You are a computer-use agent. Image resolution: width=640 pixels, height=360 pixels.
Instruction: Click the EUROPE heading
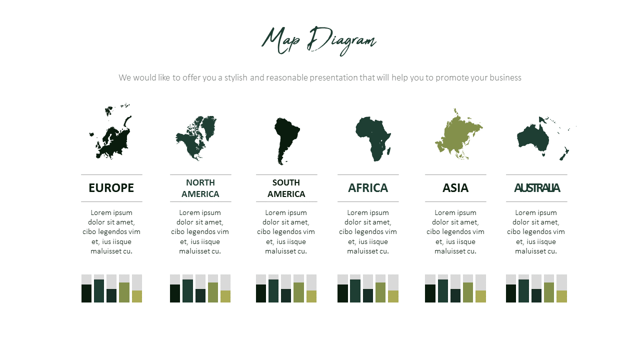tap(111, 188)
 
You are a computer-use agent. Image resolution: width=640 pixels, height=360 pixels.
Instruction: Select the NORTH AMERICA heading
tap(200, 188)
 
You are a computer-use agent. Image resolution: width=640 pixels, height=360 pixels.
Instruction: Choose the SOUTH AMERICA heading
tap(286, 188)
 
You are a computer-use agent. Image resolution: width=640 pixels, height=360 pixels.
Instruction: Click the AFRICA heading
tap(368, 188)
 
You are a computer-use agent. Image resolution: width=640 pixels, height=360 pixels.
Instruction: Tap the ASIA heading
tap(455, 188)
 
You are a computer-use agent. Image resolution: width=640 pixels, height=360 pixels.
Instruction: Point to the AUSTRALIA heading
tap(537, 188)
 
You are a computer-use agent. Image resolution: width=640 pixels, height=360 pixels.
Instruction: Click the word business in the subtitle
tap(505, 77)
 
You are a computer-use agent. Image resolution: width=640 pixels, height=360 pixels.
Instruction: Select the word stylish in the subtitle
tap(235, 77)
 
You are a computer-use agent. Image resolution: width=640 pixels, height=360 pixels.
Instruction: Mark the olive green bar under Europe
tap(124, 292)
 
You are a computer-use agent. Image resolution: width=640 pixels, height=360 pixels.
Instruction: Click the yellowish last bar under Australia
tap(561, 296)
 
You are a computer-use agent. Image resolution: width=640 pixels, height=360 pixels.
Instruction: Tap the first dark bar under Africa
tap(342, 293)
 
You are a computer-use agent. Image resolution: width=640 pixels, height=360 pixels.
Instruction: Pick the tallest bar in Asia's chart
tap(443, 291)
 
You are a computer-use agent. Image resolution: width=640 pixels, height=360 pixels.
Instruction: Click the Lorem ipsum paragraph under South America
tap(286, 231)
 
